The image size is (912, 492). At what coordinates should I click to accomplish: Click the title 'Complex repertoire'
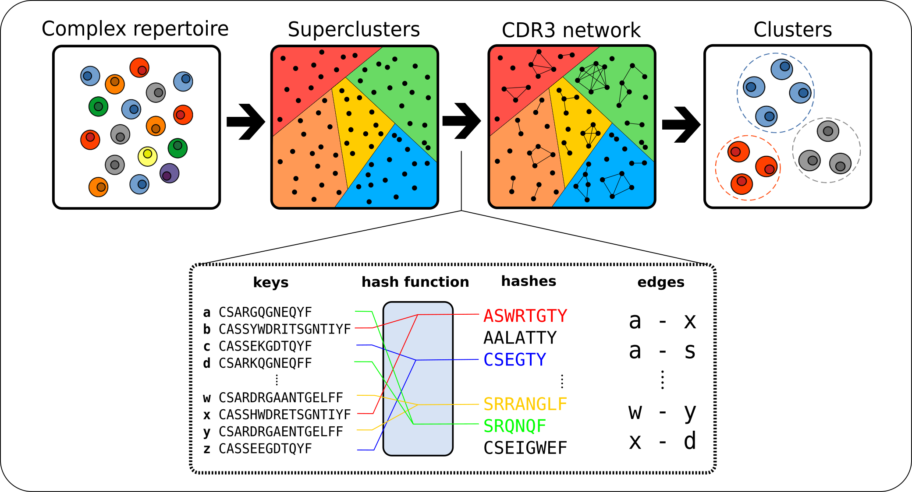click(x=135, y=29)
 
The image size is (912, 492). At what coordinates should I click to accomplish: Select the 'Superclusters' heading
click(x=354, y=30)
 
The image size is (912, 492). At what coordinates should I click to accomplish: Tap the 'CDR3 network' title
click(x=571, y=31)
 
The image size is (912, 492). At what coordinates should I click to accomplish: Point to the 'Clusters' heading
click(x=792, y=30)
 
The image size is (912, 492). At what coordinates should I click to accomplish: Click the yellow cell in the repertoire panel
click(x=148, y=156)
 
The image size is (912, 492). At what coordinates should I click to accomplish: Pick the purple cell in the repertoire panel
click(x=169, y=173)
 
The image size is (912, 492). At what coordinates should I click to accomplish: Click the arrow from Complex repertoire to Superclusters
click(x=246, y=122)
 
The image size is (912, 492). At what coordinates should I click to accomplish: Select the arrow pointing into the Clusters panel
click(x=681, y=125)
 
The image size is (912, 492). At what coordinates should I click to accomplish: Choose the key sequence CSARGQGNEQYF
click(x=265, y=313)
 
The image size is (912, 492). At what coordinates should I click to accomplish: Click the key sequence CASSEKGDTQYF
click(x=265, y=346)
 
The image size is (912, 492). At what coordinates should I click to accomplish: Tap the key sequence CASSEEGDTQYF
click(x=265, y=449)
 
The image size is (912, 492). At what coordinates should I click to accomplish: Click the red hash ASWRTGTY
click(x=525, y=316)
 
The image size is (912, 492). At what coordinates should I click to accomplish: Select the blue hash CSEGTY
click(x=515, y=360)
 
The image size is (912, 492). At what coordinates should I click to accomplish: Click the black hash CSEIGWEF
click(x=525, y=448)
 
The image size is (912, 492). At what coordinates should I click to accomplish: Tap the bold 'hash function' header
click(x=415, y=282)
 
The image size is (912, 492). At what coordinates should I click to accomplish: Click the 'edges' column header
click(x=660, y=282)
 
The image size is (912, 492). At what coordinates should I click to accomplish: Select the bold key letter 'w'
click(x=207, y=398)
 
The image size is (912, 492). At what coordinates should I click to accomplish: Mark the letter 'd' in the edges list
click(x=690, y=441)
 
